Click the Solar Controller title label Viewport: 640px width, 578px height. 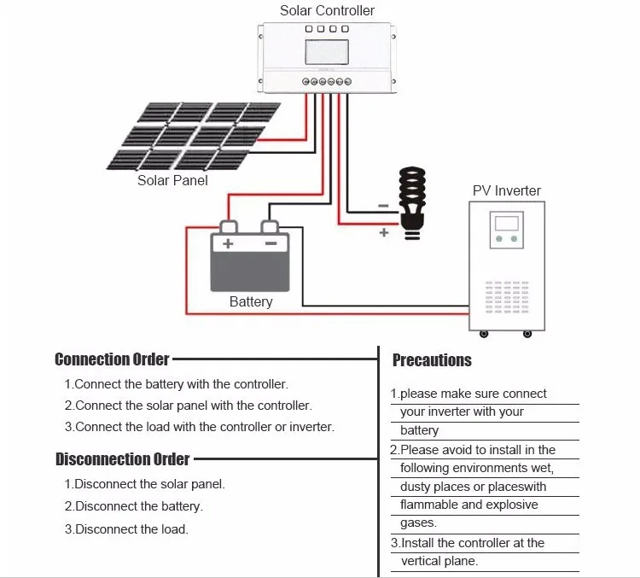(x=327, y=10)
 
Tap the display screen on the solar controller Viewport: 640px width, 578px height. (x=327, y=52)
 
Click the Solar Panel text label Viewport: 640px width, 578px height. (x=172, y=180)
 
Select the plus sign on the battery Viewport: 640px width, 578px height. (x=228, y=244)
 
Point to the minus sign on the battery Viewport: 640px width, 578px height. (x=271, y=243)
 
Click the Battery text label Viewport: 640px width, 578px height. (x=251, y=301)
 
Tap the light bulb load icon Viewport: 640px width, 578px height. (x=412, y=203)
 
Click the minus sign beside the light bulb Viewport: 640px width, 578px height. (x=383, y=206)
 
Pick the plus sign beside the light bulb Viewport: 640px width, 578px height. (x=384, y=232)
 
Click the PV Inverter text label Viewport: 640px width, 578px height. (x=507, y=190)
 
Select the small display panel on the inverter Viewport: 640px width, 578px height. (x=507, y=230)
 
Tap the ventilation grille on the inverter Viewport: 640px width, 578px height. (x=507, y=296)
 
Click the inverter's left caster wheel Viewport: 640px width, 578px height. (x=484, y=334)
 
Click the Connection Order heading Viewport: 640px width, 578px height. (x=112, y=359)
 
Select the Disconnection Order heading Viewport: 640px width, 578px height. (x=122, y=459)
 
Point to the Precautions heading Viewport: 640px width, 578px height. (x=432, y=360)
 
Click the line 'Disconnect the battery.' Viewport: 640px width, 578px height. (x=133, y=506)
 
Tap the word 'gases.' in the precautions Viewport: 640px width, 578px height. (x=418, y=523)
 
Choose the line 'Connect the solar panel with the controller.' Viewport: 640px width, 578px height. (x=189, y=406)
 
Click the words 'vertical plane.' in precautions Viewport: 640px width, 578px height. (x=439, y=561)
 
